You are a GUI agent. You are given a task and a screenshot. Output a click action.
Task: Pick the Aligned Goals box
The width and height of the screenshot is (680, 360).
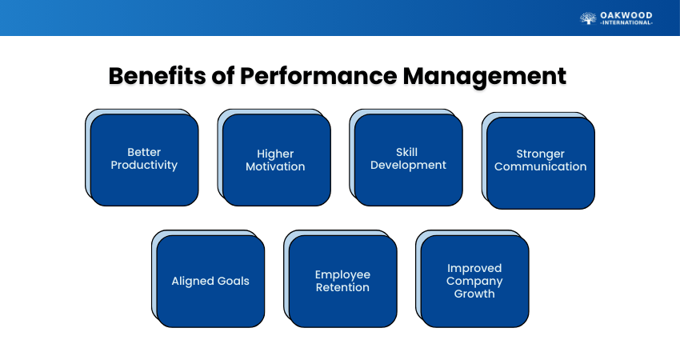pyautogui.click(x=210, y=281)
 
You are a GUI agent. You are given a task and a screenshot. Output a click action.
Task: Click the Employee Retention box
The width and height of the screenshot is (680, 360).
pyautogui.click(x=343, y=281)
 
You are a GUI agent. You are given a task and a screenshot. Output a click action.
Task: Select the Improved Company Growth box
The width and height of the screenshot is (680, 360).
pyautogui.click(x=475, y=281)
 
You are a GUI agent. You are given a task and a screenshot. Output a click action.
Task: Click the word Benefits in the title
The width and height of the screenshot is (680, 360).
pyautogui.click(x=158, y=76)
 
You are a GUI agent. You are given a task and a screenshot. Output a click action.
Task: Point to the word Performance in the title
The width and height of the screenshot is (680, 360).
pyautogui.click(x=318, y=76)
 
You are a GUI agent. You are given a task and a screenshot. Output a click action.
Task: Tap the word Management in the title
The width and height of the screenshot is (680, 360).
pyautogui.click(x=485, y=77)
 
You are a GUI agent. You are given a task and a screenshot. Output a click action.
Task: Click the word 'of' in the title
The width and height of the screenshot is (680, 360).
pyautogui.click(x=223, y=76)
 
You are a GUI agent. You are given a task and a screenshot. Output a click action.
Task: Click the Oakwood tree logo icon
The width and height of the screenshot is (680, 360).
pyautogui.click(x=588, y=18)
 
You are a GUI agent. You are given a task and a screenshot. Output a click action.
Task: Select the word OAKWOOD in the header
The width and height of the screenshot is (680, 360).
pyautogui.click(x=626, y=16)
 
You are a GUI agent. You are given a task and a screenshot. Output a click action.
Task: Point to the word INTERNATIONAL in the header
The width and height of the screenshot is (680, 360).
pyautogui.click(x=626, y=23)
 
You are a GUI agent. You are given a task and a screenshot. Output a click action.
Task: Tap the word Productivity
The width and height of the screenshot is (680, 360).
pyautogui.click(x=144, y=166)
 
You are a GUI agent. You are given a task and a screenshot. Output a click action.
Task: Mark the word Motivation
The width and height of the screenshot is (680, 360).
pyautogui.click(x=275, y=166)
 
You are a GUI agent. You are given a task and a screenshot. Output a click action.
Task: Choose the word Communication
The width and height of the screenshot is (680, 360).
pyautogui.click(x=540, y=166)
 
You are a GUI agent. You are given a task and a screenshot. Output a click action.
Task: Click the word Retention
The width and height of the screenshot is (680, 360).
pyautogui.click(x=342, y=287)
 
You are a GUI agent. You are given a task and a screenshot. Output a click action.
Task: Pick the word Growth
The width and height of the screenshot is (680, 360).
pyautogui.click(x=474, y=294)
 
